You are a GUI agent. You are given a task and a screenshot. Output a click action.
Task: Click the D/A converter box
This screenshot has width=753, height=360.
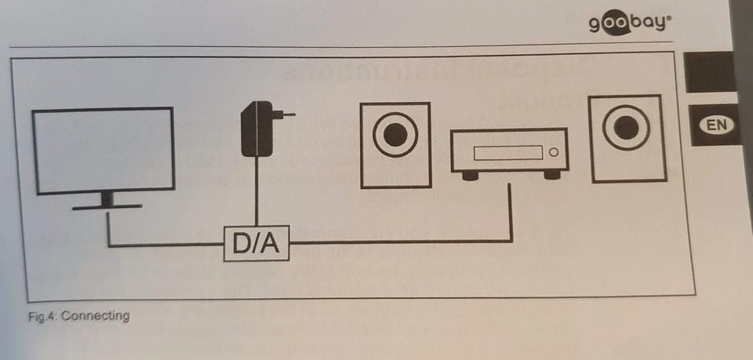pos(256,245)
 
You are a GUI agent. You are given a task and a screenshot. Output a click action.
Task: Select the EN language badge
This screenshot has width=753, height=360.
pos(716,124)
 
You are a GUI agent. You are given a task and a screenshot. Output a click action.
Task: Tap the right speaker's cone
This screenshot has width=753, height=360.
pos(626,129)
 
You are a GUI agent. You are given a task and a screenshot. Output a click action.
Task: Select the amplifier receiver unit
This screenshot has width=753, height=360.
pos(508,151)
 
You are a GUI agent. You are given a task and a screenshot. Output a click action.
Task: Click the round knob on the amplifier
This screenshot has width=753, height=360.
pos(554,151)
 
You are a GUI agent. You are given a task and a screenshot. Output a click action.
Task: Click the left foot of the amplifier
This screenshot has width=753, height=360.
pos(471,176)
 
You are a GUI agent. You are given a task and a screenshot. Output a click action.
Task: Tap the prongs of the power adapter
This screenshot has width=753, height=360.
pos(288,115)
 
